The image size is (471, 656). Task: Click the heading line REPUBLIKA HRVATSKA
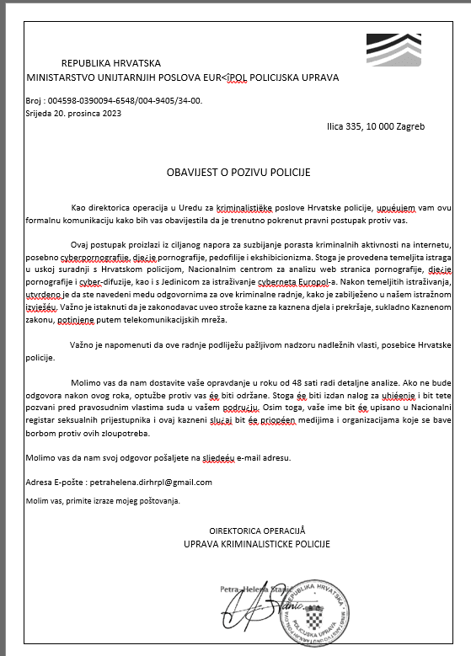coord(111,63)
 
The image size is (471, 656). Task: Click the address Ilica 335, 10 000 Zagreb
coord(376,126)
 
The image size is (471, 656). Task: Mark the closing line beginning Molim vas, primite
coord(103,500)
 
